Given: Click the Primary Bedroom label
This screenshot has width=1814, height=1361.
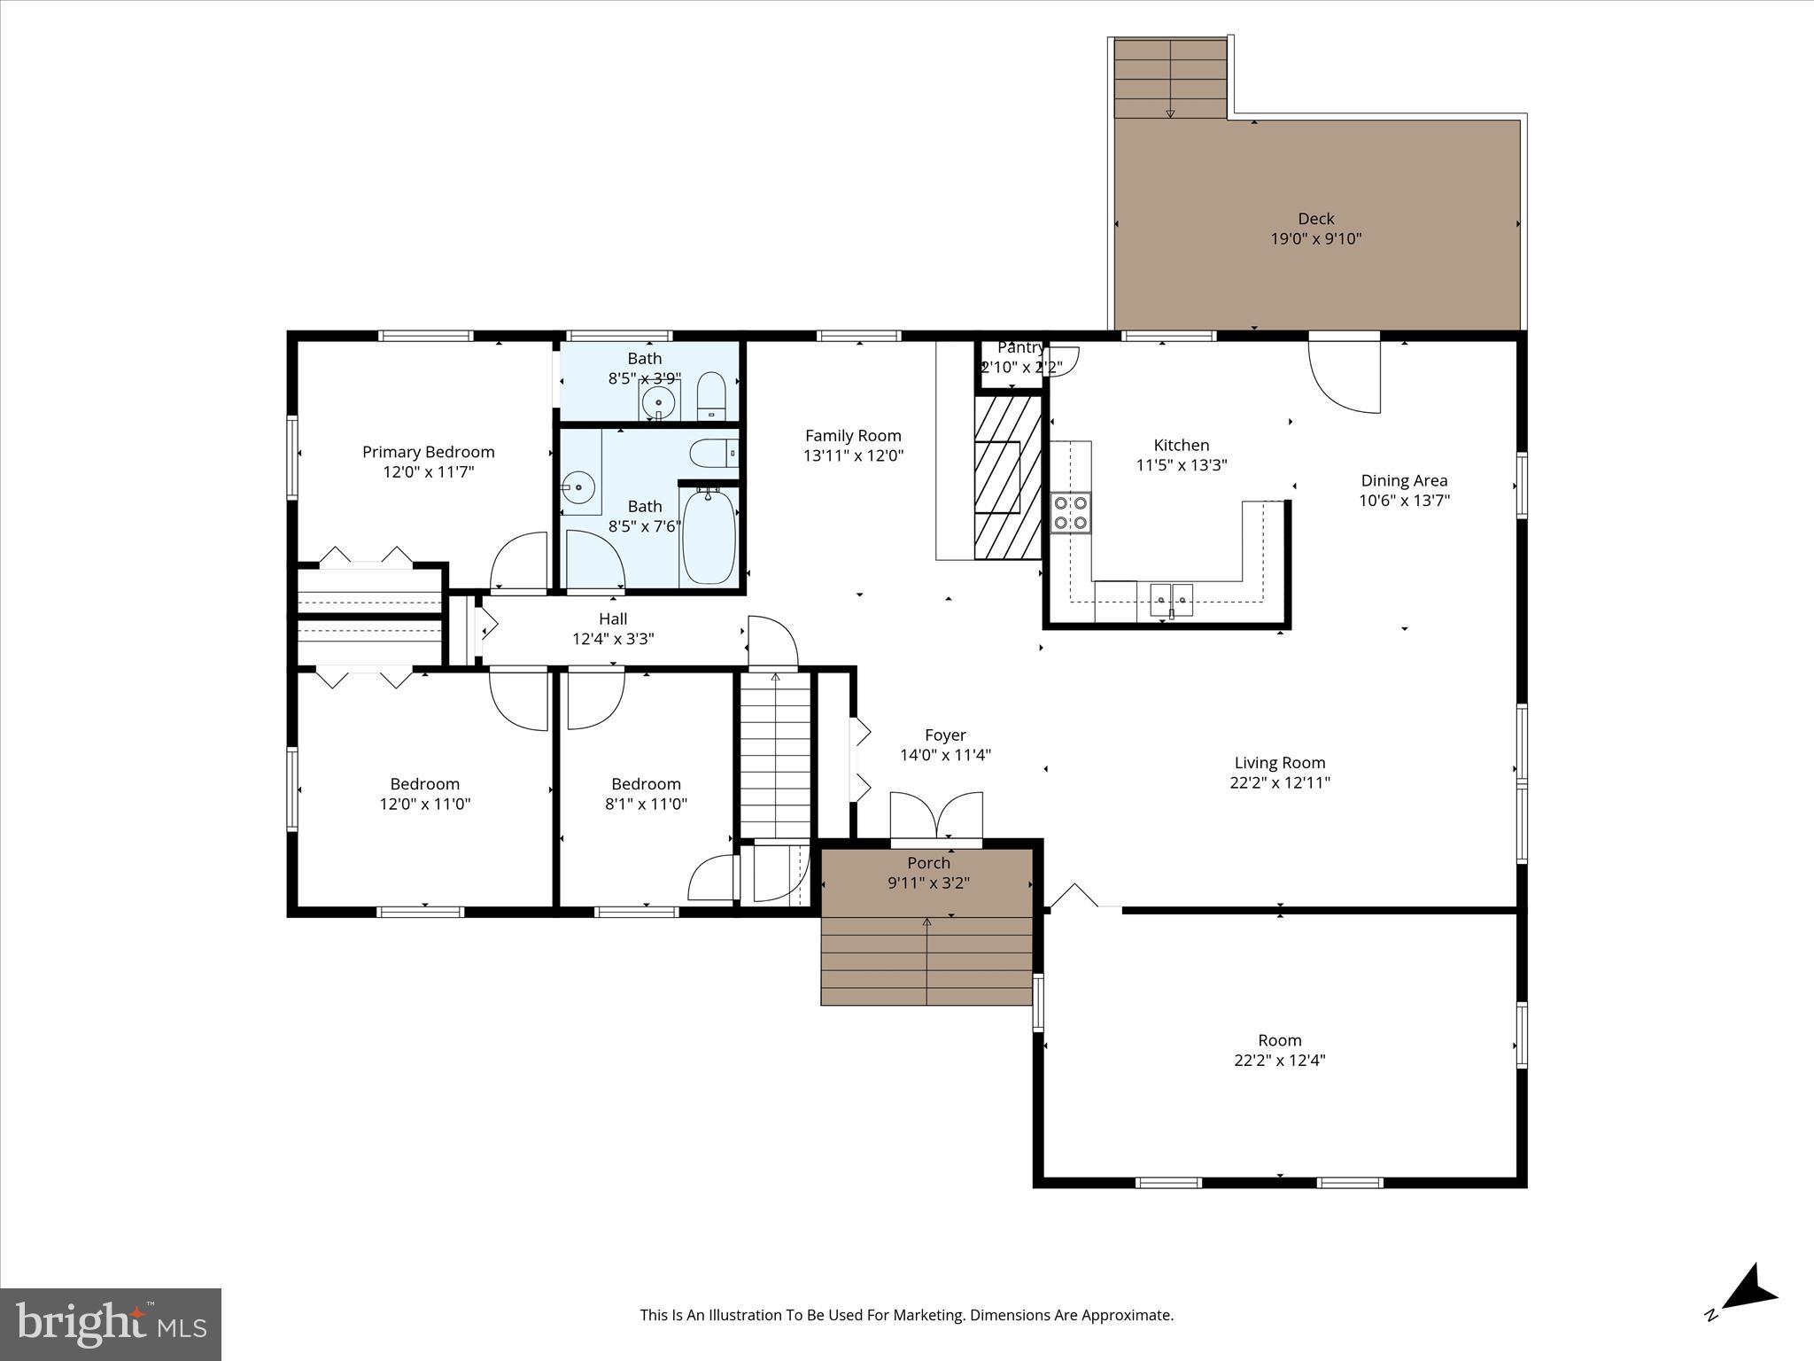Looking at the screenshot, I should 428,452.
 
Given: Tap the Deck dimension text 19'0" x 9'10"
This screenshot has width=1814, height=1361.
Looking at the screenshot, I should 1315,238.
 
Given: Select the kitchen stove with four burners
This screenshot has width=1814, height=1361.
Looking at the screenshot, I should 1071,513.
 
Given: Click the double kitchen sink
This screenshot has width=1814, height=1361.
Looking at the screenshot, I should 1171,600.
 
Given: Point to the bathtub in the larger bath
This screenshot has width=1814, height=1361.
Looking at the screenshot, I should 709,538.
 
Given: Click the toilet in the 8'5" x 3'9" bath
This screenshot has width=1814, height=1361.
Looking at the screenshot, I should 711,395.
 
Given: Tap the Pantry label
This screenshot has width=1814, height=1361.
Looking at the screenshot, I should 1019,347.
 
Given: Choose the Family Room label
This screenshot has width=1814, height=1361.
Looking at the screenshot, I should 853,435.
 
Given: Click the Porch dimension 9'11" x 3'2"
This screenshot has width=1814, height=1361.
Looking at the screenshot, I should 928,883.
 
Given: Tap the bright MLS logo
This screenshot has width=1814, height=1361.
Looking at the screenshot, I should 111,1324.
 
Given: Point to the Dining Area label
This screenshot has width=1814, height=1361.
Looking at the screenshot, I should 1404,480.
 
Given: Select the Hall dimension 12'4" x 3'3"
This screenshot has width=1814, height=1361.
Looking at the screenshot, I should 613,639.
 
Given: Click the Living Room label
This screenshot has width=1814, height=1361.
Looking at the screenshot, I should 1279,762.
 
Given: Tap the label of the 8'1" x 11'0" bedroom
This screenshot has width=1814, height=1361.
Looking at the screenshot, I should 646,784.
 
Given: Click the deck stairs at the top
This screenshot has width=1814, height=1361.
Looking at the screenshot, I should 1170,79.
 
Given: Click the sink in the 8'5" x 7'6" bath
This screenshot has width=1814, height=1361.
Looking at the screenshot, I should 578,487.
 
